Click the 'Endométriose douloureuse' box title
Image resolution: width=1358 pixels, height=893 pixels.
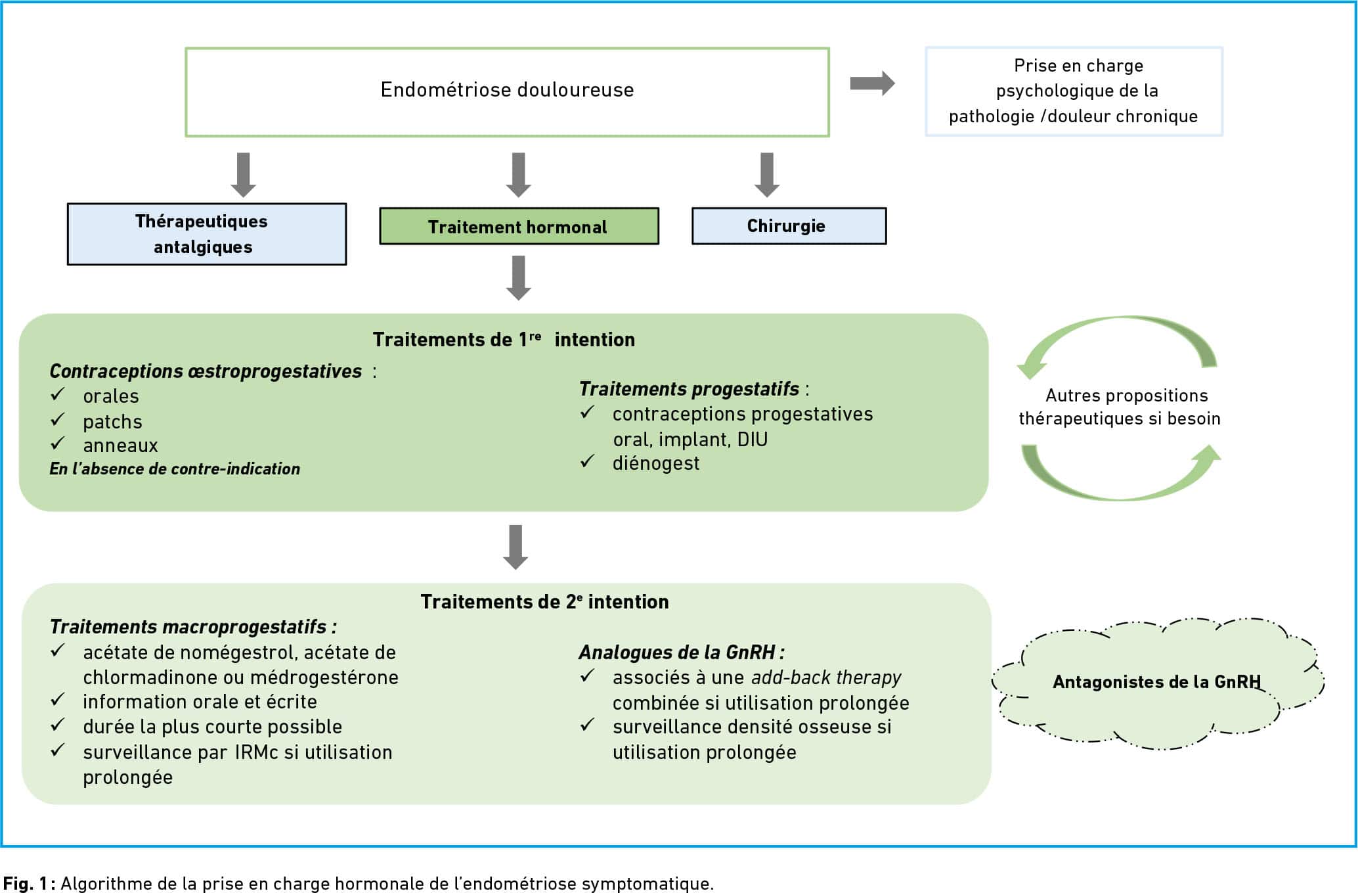click(x=507, y=89)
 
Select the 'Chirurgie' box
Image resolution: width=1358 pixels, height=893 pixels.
click(x=789, y=226)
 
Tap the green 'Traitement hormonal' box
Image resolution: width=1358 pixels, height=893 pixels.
click(x=519, y=227)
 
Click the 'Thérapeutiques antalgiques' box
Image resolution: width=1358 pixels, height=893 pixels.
click(x=207, y=234)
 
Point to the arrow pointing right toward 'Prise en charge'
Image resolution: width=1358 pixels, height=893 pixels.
click(x=872, y=83)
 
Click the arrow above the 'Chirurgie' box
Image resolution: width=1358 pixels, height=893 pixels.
click(x=766, y=175)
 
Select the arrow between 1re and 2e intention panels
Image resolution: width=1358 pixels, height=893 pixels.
click(x=515, y=547)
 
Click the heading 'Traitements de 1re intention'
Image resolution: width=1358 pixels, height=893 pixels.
click(x=504, y=339)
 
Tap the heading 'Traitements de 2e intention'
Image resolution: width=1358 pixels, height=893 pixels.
click(x=544, y=601)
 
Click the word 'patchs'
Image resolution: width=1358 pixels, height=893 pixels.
click(x=112, y=422)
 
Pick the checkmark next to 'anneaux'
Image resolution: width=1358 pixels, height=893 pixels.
click(x=58, y=444)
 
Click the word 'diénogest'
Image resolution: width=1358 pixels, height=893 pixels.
click(x=655, y=463)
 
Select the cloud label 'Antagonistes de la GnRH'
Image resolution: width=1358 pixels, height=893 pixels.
click(x=1156, y=681)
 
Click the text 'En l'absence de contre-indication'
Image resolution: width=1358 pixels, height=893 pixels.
click(x=175, y=469)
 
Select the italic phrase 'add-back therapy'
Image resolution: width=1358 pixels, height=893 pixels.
click(x=826, y=677)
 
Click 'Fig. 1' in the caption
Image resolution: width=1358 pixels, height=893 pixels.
click(x=25, y=883)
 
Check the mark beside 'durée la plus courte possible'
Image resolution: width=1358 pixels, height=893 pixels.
click(x=58, y=725)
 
